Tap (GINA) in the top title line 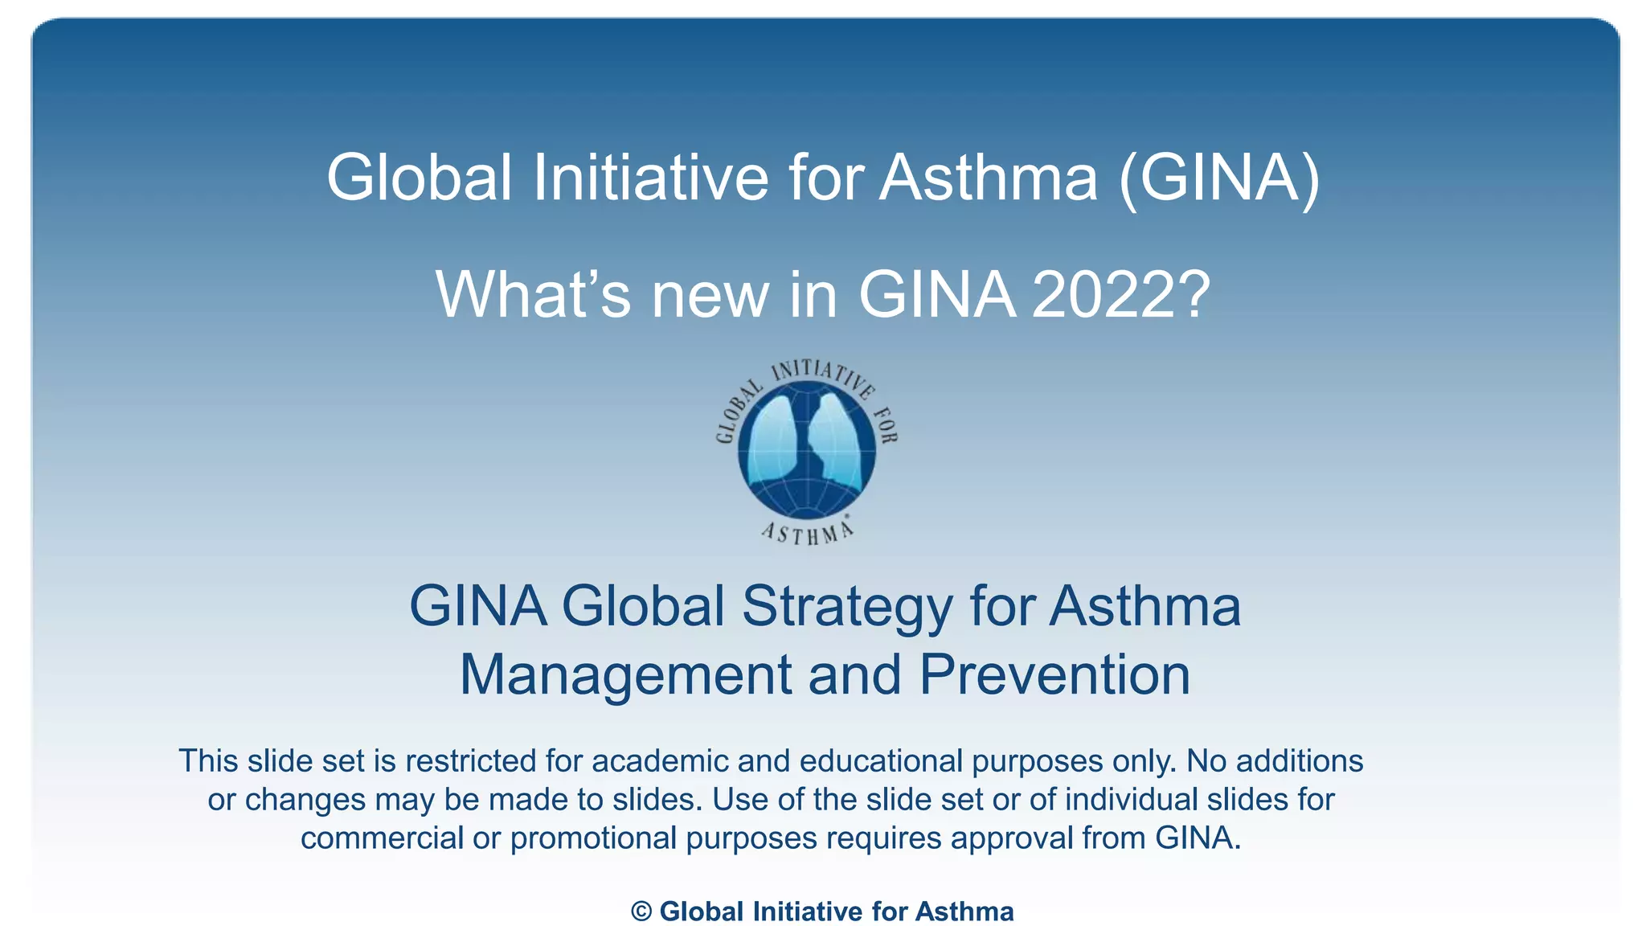coord(1218,178)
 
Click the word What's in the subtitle coord(533,295)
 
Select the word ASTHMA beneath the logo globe coord(807,532)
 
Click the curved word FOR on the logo coord(885,424)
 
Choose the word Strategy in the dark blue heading coord(846,607)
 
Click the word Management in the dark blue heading coord(625,675)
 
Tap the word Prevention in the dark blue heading coord(1054,675)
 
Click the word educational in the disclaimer coord(881,760)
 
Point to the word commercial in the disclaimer coord(382,838)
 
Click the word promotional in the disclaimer coord(593,838)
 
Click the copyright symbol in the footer coord(641,912)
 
